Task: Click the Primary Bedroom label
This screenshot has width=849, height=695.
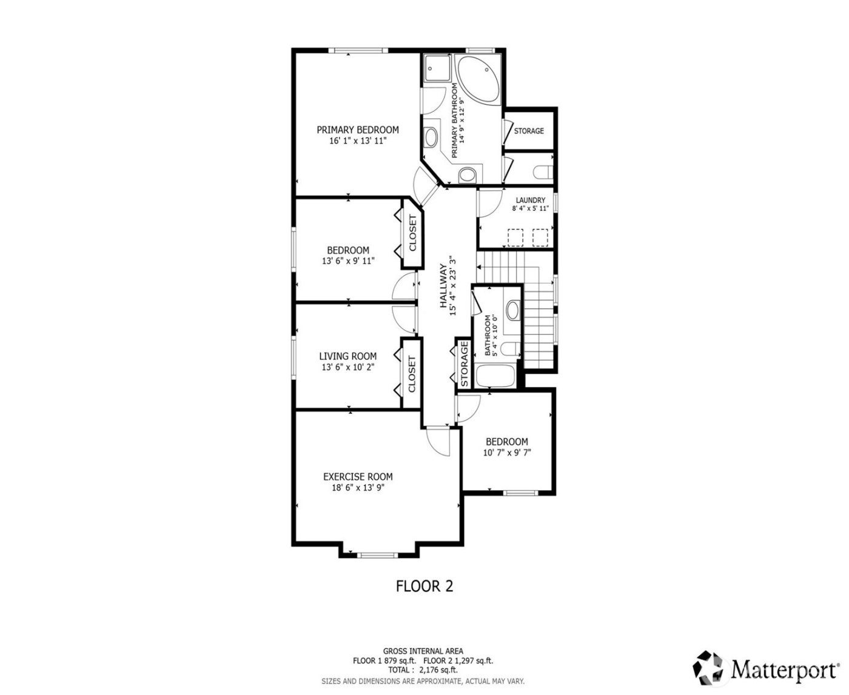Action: coord(357,130)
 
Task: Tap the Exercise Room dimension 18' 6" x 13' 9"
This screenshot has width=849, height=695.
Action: coord(357,487)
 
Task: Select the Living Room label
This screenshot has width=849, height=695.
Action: coord(348,356)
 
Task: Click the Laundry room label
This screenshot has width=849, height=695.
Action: coord(530,200)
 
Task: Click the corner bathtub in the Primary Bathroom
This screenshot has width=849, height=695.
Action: coord(478,79)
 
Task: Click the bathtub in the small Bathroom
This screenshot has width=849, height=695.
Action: coord(497,376)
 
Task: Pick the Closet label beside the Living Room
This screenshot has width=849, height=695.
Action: coord(412,373)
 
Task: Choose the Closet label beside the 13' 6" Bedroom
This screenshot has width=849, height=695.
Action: coord(412,233)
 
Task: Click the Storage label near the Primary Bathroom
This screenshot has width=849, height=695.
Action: coord(529,131)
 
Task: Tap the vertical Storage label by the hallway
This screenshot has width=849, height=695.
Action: coord(464,365)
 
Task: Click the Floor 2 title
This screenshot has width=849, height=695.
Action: coord(424,586)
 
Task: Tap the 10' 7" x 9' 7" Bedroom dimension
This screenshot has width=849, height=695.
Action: coord(507,453)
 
